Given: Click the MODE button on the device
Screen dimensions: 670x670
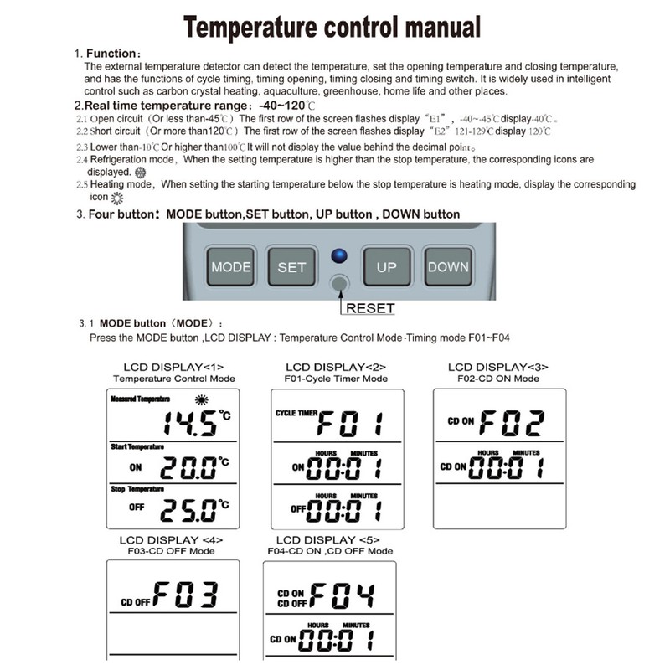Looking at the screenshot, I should (x=230, y=266).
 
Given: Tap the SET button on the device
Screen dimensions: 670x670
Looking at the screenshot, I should (x=291, y=266).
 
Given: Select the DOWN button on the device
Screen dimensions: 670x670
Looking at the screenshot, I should (x=448, y=266).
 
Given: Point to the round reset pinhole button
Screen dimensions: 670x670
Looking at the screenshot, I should (x=338, y=285).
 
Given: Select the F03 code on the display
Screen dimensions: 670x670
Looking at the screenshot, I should (x=188, y=595).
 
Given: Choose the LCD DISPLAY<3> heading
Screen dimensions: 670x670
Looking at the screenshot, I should (x=498, y=367).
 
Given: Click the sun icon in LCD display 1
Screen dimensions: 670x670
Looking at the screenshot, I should (x=201, y=399).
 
